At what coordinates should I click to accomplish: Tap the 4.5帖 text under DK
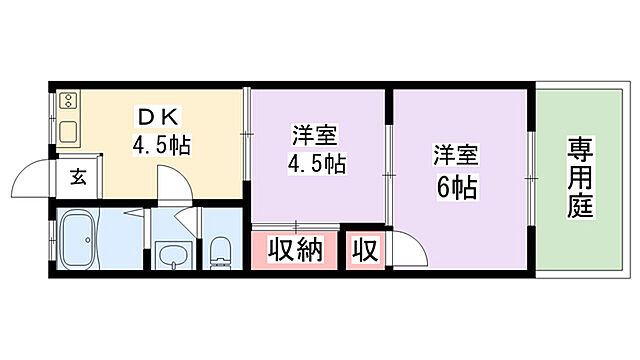point(161,144)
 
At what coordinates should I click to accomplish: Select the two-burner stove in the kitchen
point(69,100)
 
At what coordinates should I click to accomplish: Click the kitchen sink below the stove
point(68,131)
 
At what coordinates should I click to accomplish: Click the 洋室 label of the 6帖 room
point(455,156)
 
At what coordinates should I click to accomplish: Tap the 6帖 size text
point(456,186)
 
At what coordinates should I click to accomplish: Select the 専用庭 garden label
point(579,180)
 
